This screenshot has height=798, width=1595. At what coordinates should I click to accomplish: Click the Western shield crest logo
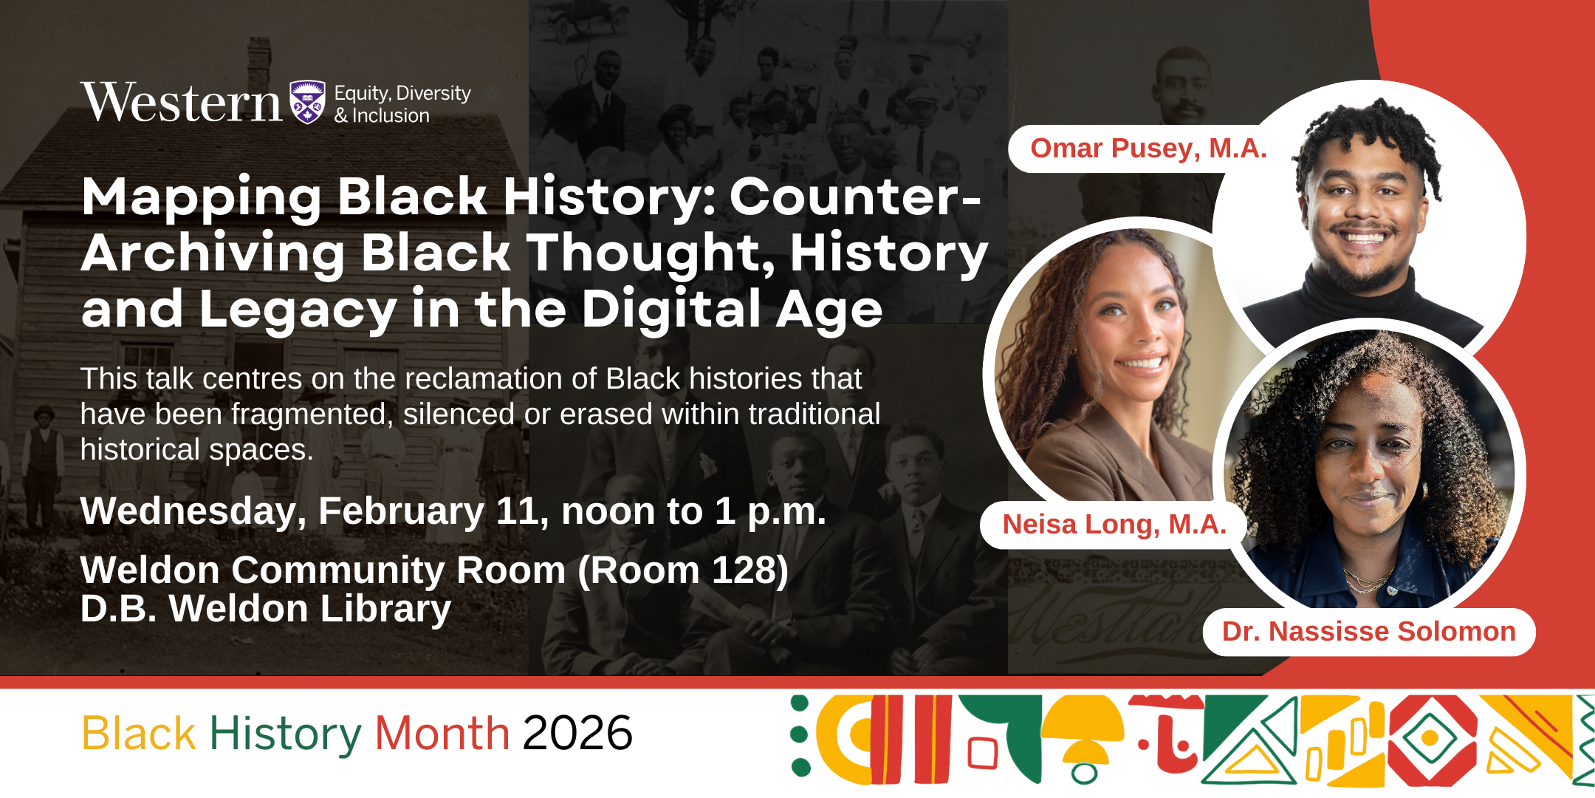307,102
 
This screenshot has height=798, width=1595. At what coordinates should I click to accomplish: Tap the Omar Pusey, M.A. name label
1148,149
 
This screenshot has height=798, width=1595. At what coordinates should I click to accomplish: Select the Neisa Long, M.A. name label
1114,525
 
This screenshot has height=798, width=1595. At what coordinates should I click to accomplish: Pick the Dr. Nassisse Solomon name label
1369,632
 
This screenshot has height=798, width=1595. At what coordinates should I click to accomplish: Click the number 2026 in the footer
577,734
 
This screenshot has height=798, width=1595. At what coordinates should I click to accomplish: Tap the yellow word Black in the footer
139,734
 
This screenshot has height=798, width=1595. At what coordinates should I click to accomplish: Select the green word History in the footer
286,735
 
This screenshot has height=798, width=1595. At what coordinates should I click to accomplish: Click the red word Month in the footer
442,734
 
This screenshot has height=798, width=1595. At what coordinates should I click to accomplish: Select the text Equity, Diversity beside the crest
402,94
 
